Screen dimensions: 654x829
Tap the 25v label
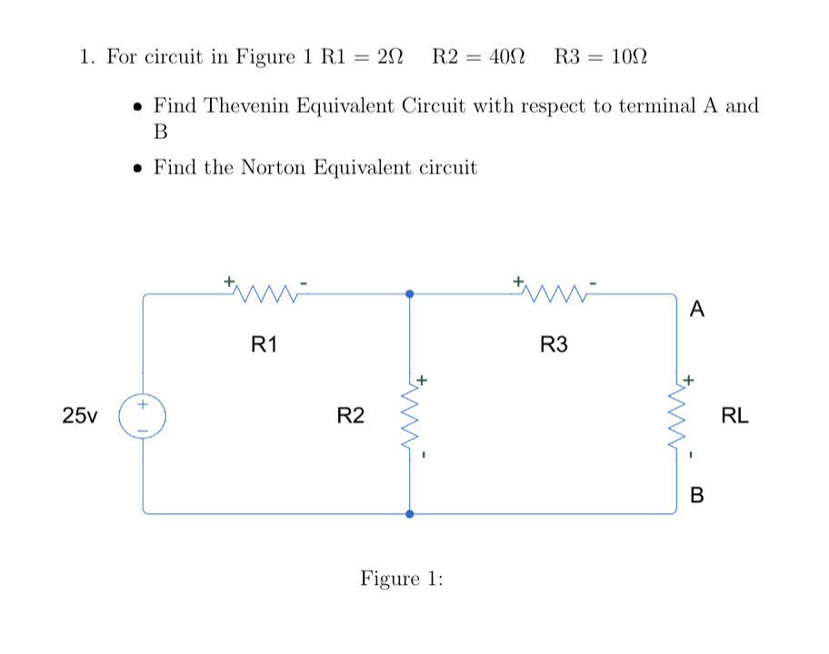80,416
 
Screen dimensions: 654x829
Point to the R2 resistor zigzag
408,416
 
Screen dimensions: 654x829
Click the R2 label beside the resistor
350,416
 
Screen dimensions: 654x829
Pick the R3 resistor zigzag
554,292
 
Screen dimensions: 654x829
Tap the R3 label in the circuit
554,344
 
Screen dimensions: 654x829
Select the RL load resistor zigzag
675,416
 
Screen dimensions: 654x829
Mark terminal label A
696,310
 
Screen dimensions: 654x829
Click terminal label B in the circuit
697,495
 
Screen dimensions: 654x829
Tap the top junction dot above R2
409,293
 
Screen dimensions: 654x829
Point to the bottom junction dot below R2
409,513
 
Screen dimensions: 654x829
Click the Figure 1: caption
402,579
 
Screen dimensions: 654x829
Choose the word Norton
275,167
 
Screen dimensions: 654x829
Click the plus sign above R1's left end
230,280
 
